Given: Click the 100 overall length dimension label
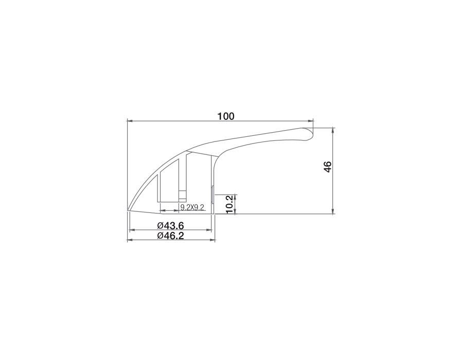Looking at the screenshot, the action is [226, 116].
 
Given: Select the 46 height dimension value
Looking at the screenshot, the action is [328, 167].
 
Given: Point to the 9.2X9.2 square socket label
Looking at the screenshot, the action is [192, 207].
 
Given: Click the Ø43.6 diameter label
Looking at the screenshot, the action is [171, 226].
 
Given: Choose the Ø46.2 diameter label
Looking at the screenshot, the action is [171, 236].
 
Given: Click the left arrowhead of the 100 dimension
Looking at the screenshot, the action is [129, 121].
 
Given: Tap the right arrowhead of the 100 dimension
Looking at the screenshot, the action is [311, 121].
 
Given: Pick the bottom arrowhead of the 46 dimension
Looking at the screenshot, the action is [333, 211].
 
